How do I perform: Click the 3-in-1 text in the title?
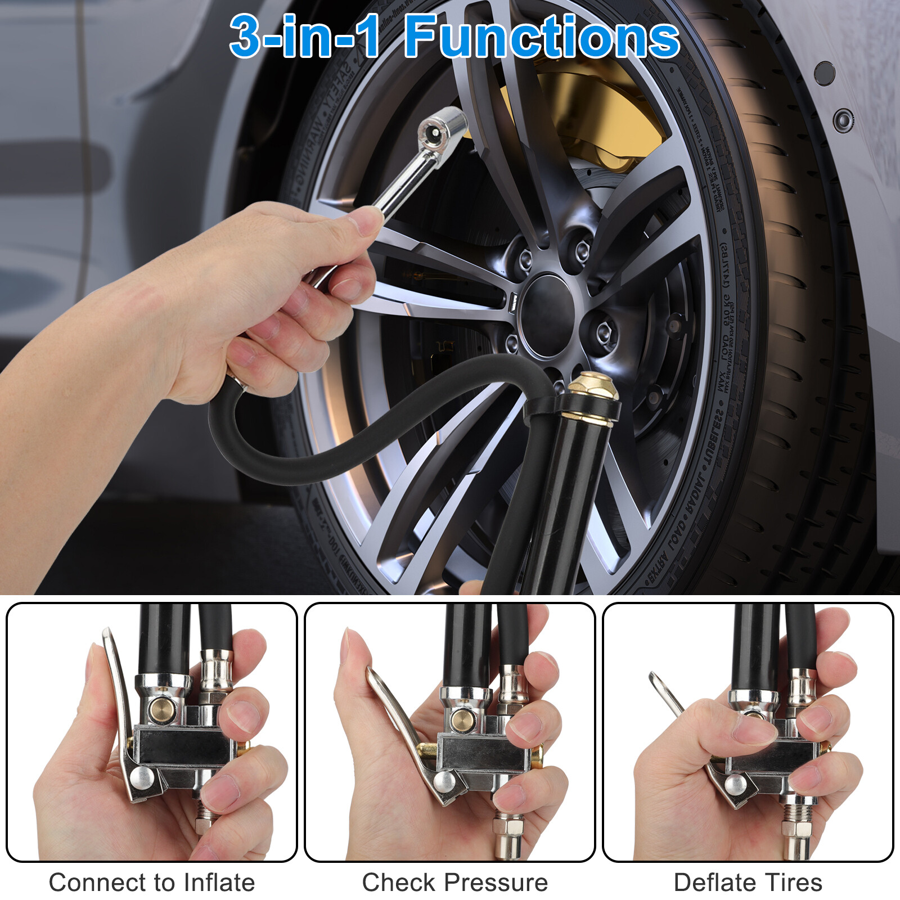pos(304,37)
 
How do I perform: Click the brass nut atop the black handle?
pos(593,389)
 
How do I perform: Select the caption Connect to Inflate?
pos(152,882)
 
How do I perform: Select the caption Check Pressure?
pos(454,882)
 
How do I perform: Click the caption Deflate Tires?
pos(748,882)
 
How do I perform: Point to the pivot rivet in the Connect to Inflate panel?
pos(141,778)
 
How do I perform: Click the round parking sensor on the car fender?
pos(843,120)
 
